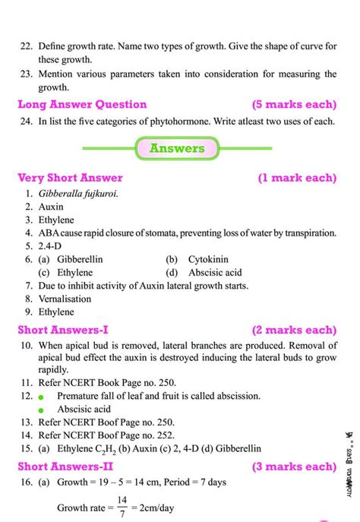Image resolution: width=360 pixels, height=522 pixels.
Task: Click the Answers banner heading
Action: coord(176,148)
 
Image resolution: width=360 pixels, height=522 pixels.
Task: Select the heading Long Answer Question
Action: coord(82,104)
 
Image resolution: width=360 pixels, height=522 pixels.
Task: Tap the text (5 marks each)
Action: coord(296,104)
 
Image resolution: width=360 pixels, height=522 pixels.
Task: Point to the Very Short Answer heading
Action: coord(70,179)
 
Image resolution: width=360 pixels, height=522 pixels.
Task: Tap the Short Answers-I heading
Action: coord(63,330)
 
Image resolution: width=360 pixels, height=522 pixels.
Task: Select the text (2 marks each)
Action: coord(296,330)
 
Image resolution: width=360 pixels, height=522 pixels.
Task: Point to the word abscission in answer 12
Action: coord(235,396)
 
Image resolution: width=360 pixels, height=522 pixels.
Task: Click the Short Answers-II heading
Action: coord(65,466)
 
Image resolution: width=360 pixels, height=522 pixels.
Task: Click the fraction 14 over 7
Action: coord(122,505)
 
